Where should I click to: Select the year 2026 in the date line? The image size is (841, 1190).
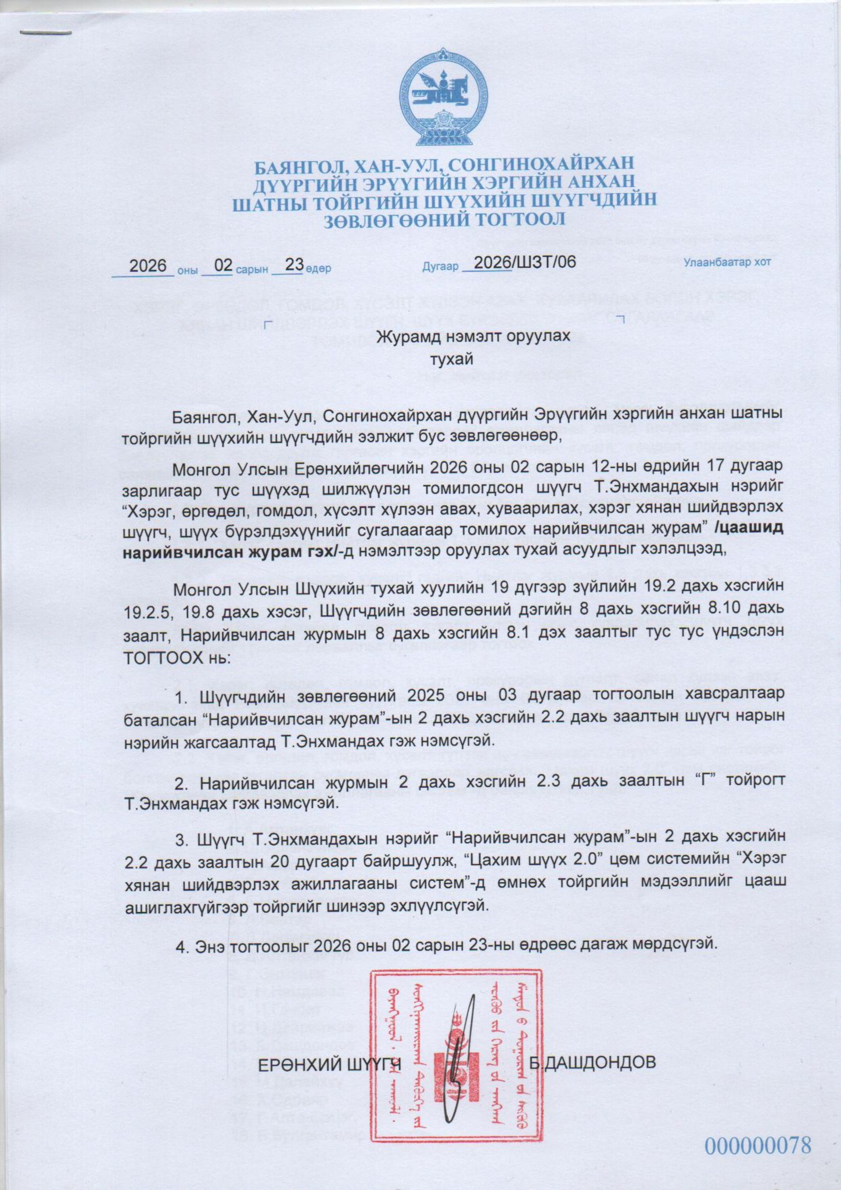[148, 266]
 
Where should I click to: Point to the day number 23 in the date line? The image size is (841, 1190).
[294, 265]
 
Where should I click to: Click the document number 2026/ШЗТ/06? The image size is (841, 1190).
[524, 262]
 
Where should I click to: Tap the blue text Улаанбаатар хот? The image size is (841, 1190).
[727, 262]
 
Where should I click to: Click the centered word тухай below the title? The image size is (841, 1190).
[451, 359]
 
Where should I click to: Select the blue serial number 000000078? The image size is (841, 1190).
[757, 1146]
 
